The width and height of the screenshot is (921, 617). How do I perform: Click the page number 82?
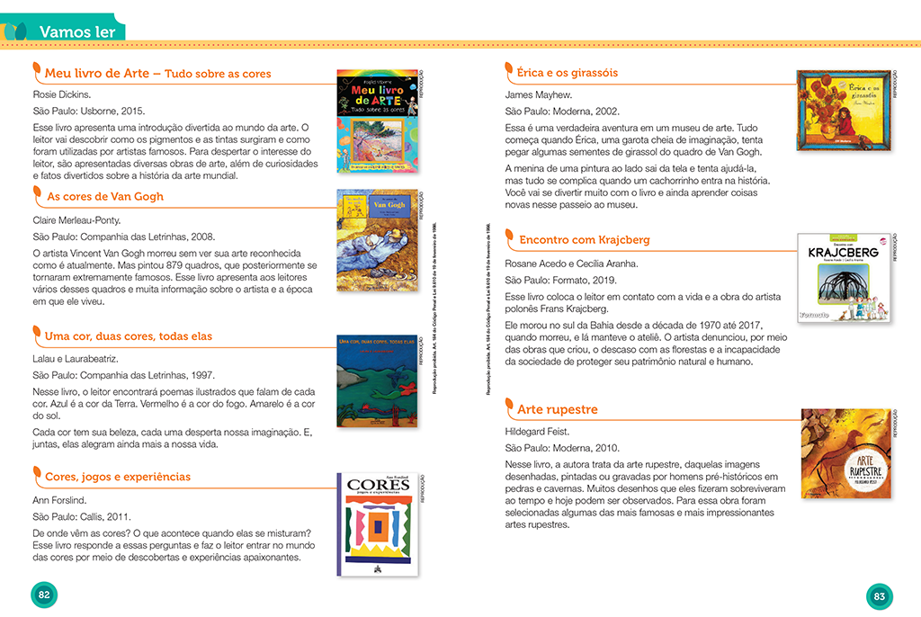[43, 595]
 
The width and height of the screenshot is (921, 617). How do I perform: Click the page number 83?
[880, 595]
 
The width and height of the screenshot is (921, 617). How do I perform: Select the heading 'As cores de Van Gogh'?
[105, 196]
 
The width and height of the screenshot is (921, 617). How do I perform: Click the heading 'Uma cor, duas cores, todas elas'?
[129, 336]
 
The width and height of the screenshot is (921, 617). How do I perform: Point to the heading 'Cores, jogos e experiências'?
[118, 477]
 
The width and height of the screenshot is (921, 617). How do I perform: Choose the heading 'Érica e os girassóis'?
[568, 72]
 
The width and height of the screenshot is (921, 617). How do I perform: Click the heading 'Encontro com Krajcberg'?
[585, 240]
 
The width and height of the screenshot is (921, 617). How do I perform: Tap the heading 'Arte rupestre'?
[558, 409]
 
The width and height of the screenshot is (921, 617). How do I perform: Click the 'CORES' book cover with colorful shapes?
[378, 523]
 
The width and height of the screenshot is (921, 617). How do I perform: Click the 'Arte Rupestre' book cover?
[845, 453]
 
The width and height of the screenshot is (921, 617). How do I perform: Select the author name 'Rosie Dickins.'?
[63, 94]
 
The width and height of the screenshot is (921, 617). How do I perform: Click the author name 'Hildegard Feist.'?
[537, 431]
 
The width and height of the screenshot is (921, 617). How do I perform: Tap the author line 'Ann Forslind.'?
[58, 499]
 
